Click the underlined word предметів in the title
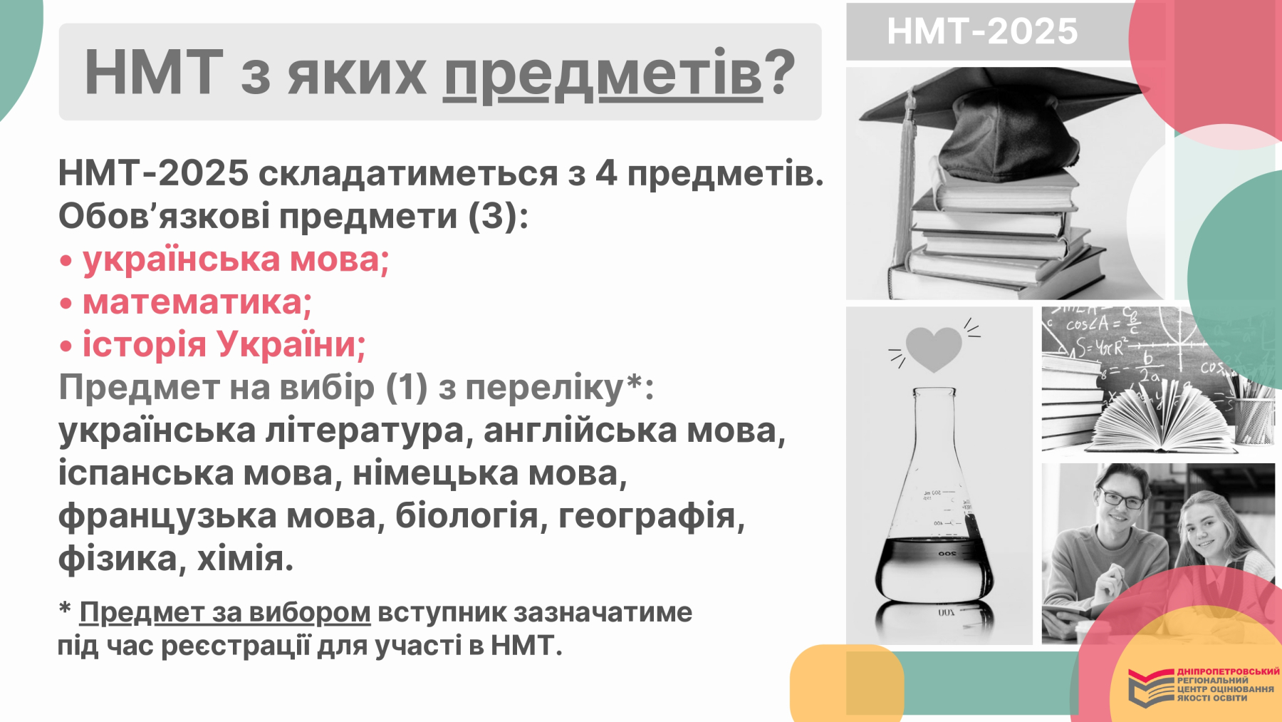coord(603,74)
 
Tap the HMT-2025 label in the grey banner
coord(982,31)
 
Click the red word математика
coord(197,302)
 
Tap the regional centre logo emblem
coord(1150,688)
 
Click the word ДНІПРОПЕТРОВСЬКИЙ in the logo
coord(1228,671)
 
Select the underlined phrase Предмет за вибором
coord(224,612)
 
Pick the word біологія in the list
coord(467,515)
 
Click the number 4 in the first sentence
coord(606,173)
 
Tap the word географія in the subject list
coord(652,516)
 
